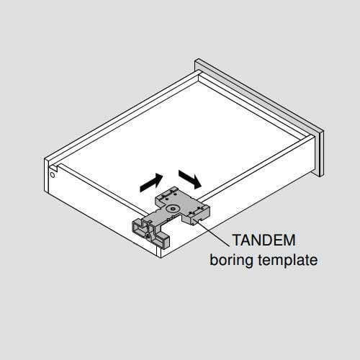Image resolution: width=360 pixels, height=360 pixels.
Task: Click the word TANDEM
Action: pyautogui.click(x=264, y=240)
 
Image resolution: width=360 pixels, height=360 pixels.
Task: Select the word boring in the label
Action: pyautogui.click(x=231, y=260)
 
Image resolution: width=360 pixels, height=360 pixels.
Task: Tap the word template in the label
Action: pyautogui.click(x=288, y=260)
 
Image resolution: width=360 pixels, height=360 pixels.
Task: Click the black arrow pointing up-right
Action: pyautogui.click(x=151, y=183)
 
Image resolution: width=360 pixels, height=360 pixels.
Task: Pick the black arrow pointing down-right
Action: pyautogui.click(x=189, y=179)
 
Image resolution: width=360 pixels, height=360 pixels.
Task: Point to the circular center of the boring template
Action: pyautogui.click(x=172, y=209)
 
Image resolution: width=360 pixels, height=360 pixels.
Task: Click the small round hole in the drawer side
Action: pyautogui.click(x=53, y=175)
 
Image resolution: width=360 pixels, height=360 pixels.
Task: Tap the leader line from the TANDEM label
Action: pyautogui.click(x=213, y=233)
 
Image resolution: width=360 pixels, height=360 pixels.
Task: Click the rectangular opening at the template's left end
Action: pyautogui.click(x=139, y=228)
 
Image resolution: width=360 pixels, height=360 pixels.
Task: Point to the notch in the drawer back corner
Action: pyautogui.click(x=54, y=167)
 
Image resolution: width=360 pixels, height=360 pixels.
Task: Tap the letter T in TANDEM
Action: pyautogui.click(x=237, y=240)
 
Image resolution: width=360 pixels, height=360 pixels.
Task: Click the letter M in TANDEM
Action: pyautogui.click(x=289, y=240)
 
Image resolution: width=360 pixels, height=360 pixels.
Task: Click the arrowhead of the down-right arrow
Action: pyautogui.click(x=197, y=183)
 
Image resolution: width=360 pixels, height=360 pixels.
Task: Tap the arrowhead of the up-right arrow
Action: pyautogui.click(x=158, y=179)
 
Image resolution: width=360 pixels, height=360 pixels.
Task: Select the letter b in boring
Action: pyautogui.click(x=214, y=259)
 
